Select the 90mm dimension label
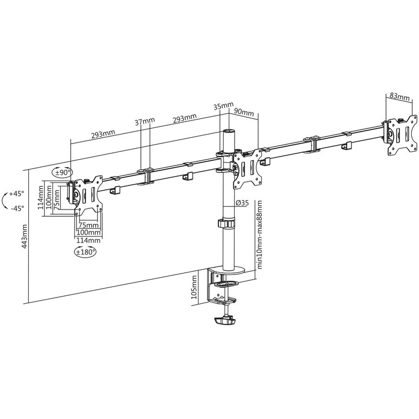(244, 112)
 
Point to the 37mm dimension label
(145, 121)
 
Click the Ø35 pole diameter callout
(242, 203)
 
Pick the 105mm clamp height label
(194, 287)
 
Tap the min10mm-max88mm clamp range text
(259, 234)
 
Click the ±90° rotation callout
(62, 172)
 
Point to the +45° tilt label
(16, 193)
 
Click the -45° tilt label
(17, 208)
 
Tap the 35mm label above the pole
(224, 106)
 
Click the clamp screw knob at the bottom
(225, 321)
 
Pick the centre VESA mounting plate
(248, 168)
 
